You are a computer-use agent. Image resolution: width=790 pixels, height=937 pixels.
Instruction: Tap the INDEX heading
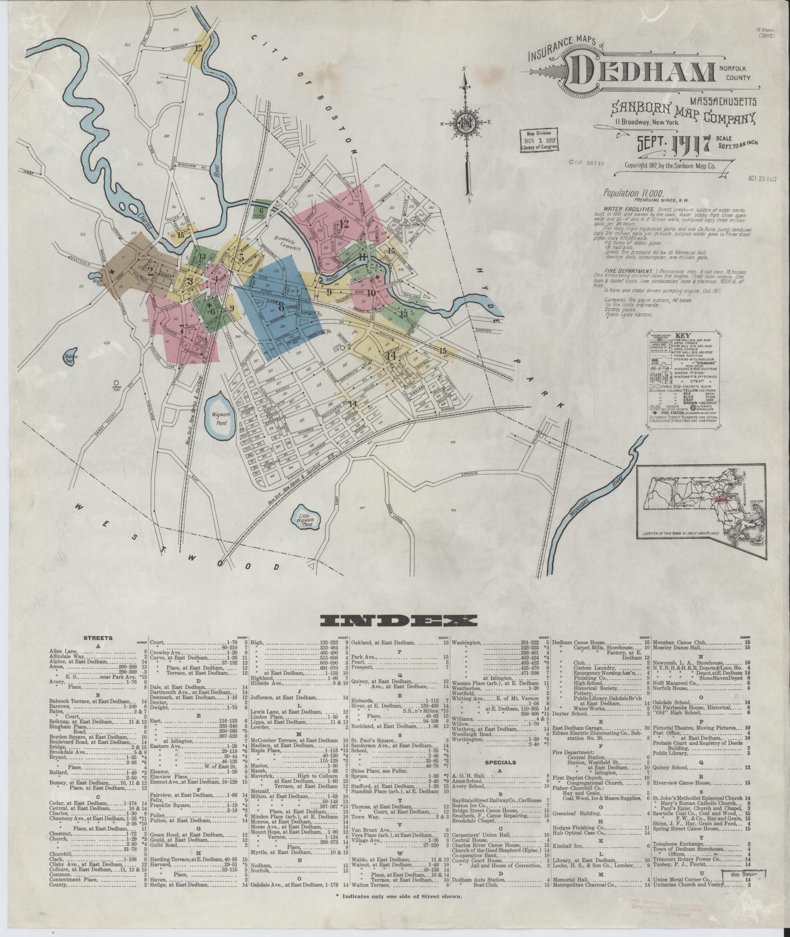(398, 621)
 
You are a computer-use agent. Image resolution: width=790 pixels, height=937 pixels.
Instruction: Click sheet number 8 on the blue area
(281, 308)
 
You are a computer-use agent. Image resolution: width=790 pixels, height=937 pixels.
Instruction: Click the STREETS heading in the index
(98, 638)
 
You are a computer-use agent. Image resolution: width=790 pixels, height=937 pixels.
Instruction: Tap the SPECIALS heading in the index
(500, 776)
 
